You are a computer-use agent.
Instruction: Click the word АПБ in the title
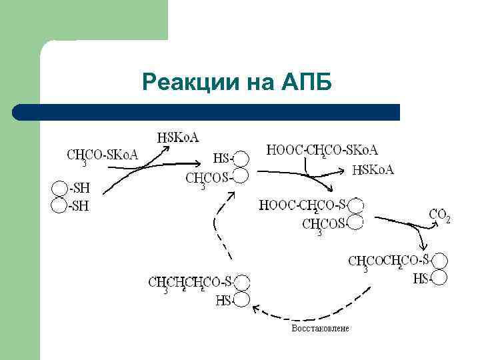click(306, 83)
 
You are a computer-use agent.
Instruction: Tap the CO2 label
click(439, 215)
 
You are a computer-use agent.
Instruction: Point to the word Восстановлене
click(320, 329)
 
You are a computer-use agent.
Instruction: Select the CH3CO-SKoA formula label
click(102, 155)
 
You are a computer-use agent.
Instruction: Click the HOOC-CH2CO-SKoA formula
click(322, 151)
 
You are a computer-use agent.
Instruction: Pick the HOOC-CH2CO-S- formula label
click(303, 205)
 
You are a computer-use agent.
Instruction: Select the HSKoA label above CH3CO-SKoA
click(178, 137)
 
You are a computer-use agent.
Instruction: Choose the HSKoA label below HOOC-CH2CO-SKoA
click(373, 170)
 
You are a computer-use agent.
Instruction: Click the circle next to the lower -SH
click(60, 206)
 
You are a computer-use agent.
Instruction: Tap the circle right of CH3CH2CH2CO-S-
click(241, 283)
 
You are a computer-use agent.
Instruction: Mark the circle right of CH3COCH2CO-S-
click(439, 261)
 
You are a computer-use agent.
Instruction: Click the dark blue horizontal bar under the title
click(207, 112)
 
